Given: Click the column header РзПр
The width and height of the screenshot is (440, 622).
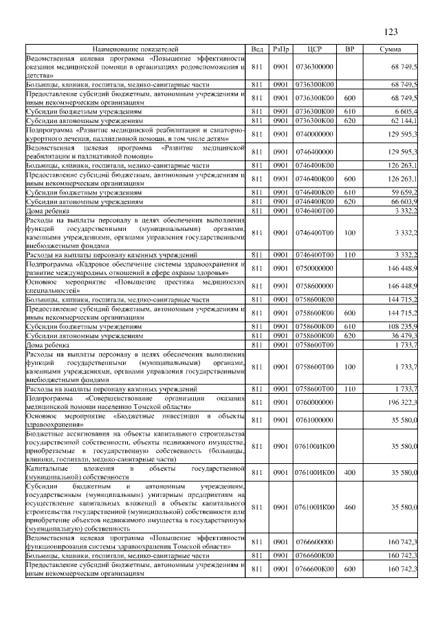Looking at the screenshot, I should (280, 49).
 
